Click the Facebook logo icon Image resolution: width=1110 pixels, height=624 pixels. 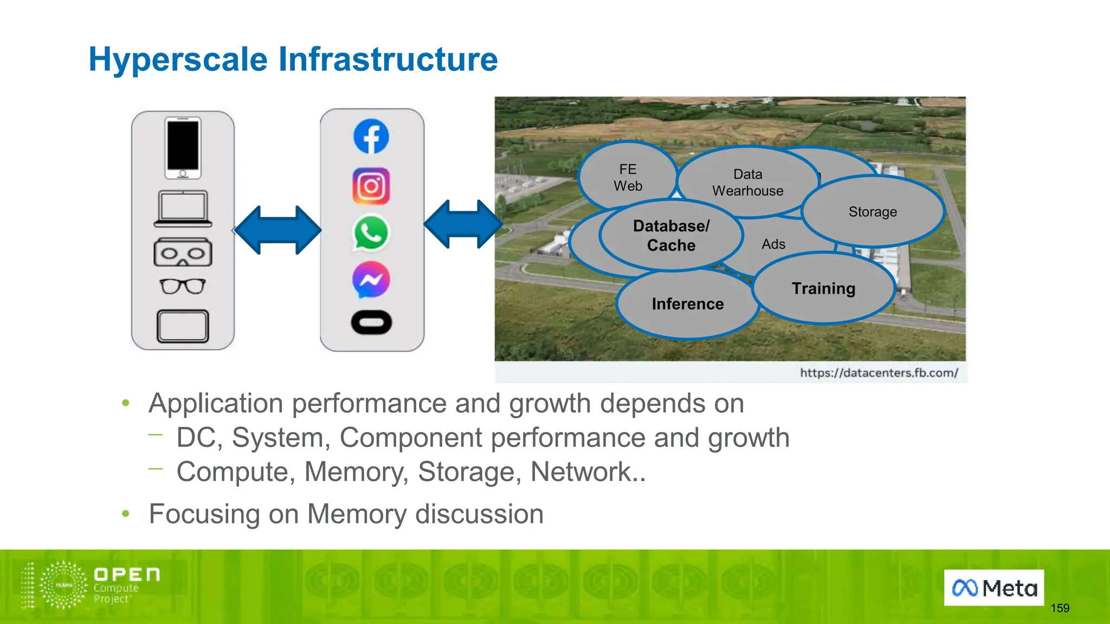click(371, 136)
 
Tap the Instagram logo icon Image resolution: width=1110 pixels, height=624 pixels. click(371, 186)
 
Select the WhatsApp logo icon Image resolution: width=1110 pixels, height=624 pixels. click(371, 233)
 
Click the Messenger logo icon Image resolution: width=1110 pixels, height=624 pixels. click(371, 280)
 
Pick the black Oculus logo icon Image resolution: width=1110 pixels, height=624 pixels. click(371, 323)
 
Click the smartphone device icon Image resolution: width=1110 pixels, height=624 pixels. click(183, 147)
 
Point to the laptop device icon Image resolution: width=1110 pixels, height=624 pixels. click(183, 209)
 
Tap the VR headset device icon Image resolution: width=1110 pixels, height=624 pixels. click(183, 252)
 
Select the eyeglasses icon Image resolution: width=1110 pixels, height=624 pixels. click(183, 286)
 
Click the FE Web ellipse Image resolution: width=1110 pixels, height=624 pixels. click(628, 178)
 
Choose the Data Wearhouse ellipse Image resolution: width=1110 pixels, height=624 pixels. click(747, 182)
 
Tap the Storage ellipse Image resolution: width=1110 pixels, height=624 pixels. click(873, 212)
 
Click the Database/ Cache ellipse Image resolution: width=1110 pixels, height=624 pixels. click(671, 236)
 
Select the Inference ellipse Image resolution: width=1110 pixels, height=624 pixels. click(687, 304)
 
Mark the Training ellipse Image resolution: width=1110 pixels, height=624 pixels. click(823, 289)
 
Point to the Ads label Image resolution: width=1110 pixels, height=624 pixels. click(773, 244)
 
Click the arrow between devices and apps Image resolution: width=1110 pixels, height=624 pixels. click(277, 230)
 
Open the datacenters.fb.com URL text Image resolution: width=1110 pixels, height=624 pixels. click(879, 373)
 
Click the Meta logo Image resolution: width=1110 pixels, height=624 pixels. click(994, 588)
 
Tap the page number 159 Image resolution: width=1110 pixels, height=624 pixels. click(1060, 608)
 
